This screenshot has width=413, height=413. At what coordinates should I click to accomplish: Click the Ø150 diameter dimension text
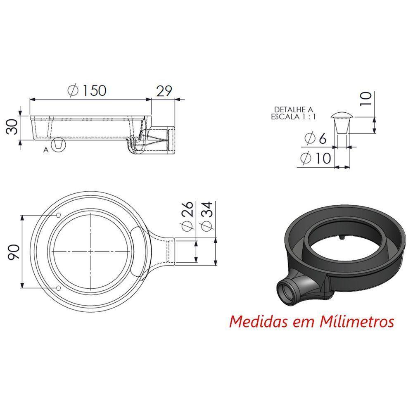[x=88, y=90]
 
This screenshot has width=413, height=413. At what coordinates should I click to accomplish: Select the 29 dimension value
[x=163, y=90]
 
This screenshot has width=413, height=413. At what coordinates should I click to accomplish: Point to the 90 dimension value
[x=14, y=252]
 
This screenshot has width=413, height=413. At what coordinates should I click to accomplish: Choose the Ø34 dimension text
[x=207, y=216]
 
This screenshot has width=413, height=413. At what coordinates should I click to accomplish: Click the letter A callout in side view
[x=46, y=150]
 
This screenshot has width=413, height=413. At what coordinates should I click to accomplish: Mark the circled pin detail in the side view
[x=59, y=145]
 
